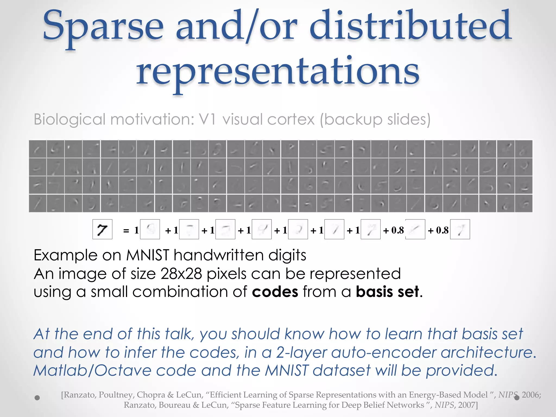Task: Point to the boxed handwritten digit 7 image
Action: pyautogui.click(x=102, y=229)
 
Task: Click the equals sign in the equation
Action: pyautogui.click(x=126, y=231)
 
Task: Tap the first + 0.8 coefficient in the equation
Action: pyautogui.click(x=394, y=230)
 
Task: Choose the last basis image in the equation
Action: pyautogui.click(x=460, y=229)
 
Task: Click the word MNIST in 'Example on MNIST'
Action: pyautogui.click(x=148, y=255)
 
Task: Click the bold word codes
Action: pyautogui.click(x=275, y=292)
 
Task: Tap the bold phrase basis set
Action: pyautogui.click(x=387, y=292)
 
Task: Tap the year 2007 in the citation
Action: pyautogui.click(x=467, y=405)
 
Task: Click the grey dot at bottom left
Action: pyautogui.click(x=37, y=398)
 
